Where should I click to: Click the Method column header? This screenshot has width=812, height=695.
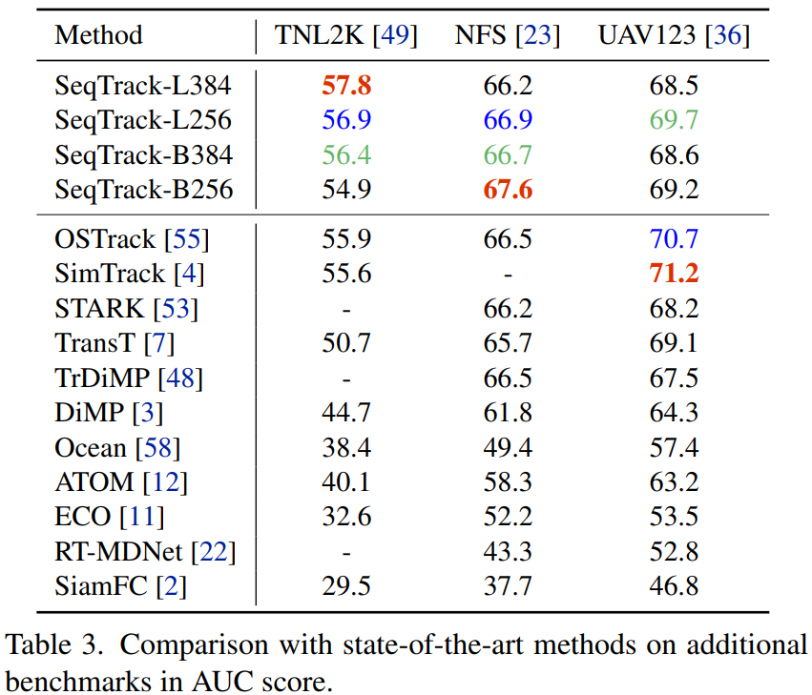[x=98, y=36]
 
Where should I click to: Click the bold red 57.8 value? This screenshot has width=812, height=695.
[x=345, y=86]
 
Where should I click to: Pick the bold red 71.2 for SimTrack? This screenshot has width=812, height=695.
[x=674, y=274]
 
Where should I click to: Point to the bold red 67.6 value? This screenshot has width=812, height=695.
[x=508, y=189]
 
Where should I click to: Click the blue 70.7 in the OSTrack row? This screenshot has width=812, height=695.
[x=674, y=239]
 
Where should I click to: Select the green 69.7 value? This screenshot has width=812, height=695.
[x=674, y=120]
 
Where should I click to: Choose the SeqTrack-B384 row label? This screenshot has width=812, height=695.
[x=144, y=154]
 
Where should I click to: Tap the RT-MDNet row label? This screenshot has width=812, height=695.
[x=122, y=551]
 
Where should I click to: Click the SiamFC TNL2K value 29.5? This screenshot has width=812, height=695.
[x=345, y=585]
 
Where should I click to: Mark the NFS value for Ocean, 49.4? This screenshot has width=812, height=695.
[x=508, y=447]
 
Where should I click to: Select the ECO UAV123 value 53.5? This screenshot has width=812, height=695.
[x=674, y=517]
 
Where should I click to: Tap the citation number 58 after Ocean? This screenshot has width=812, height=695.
[x=157, y=447]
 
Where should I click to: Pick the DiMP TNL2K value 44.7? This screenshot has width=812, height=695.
[x=345, y=413]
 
